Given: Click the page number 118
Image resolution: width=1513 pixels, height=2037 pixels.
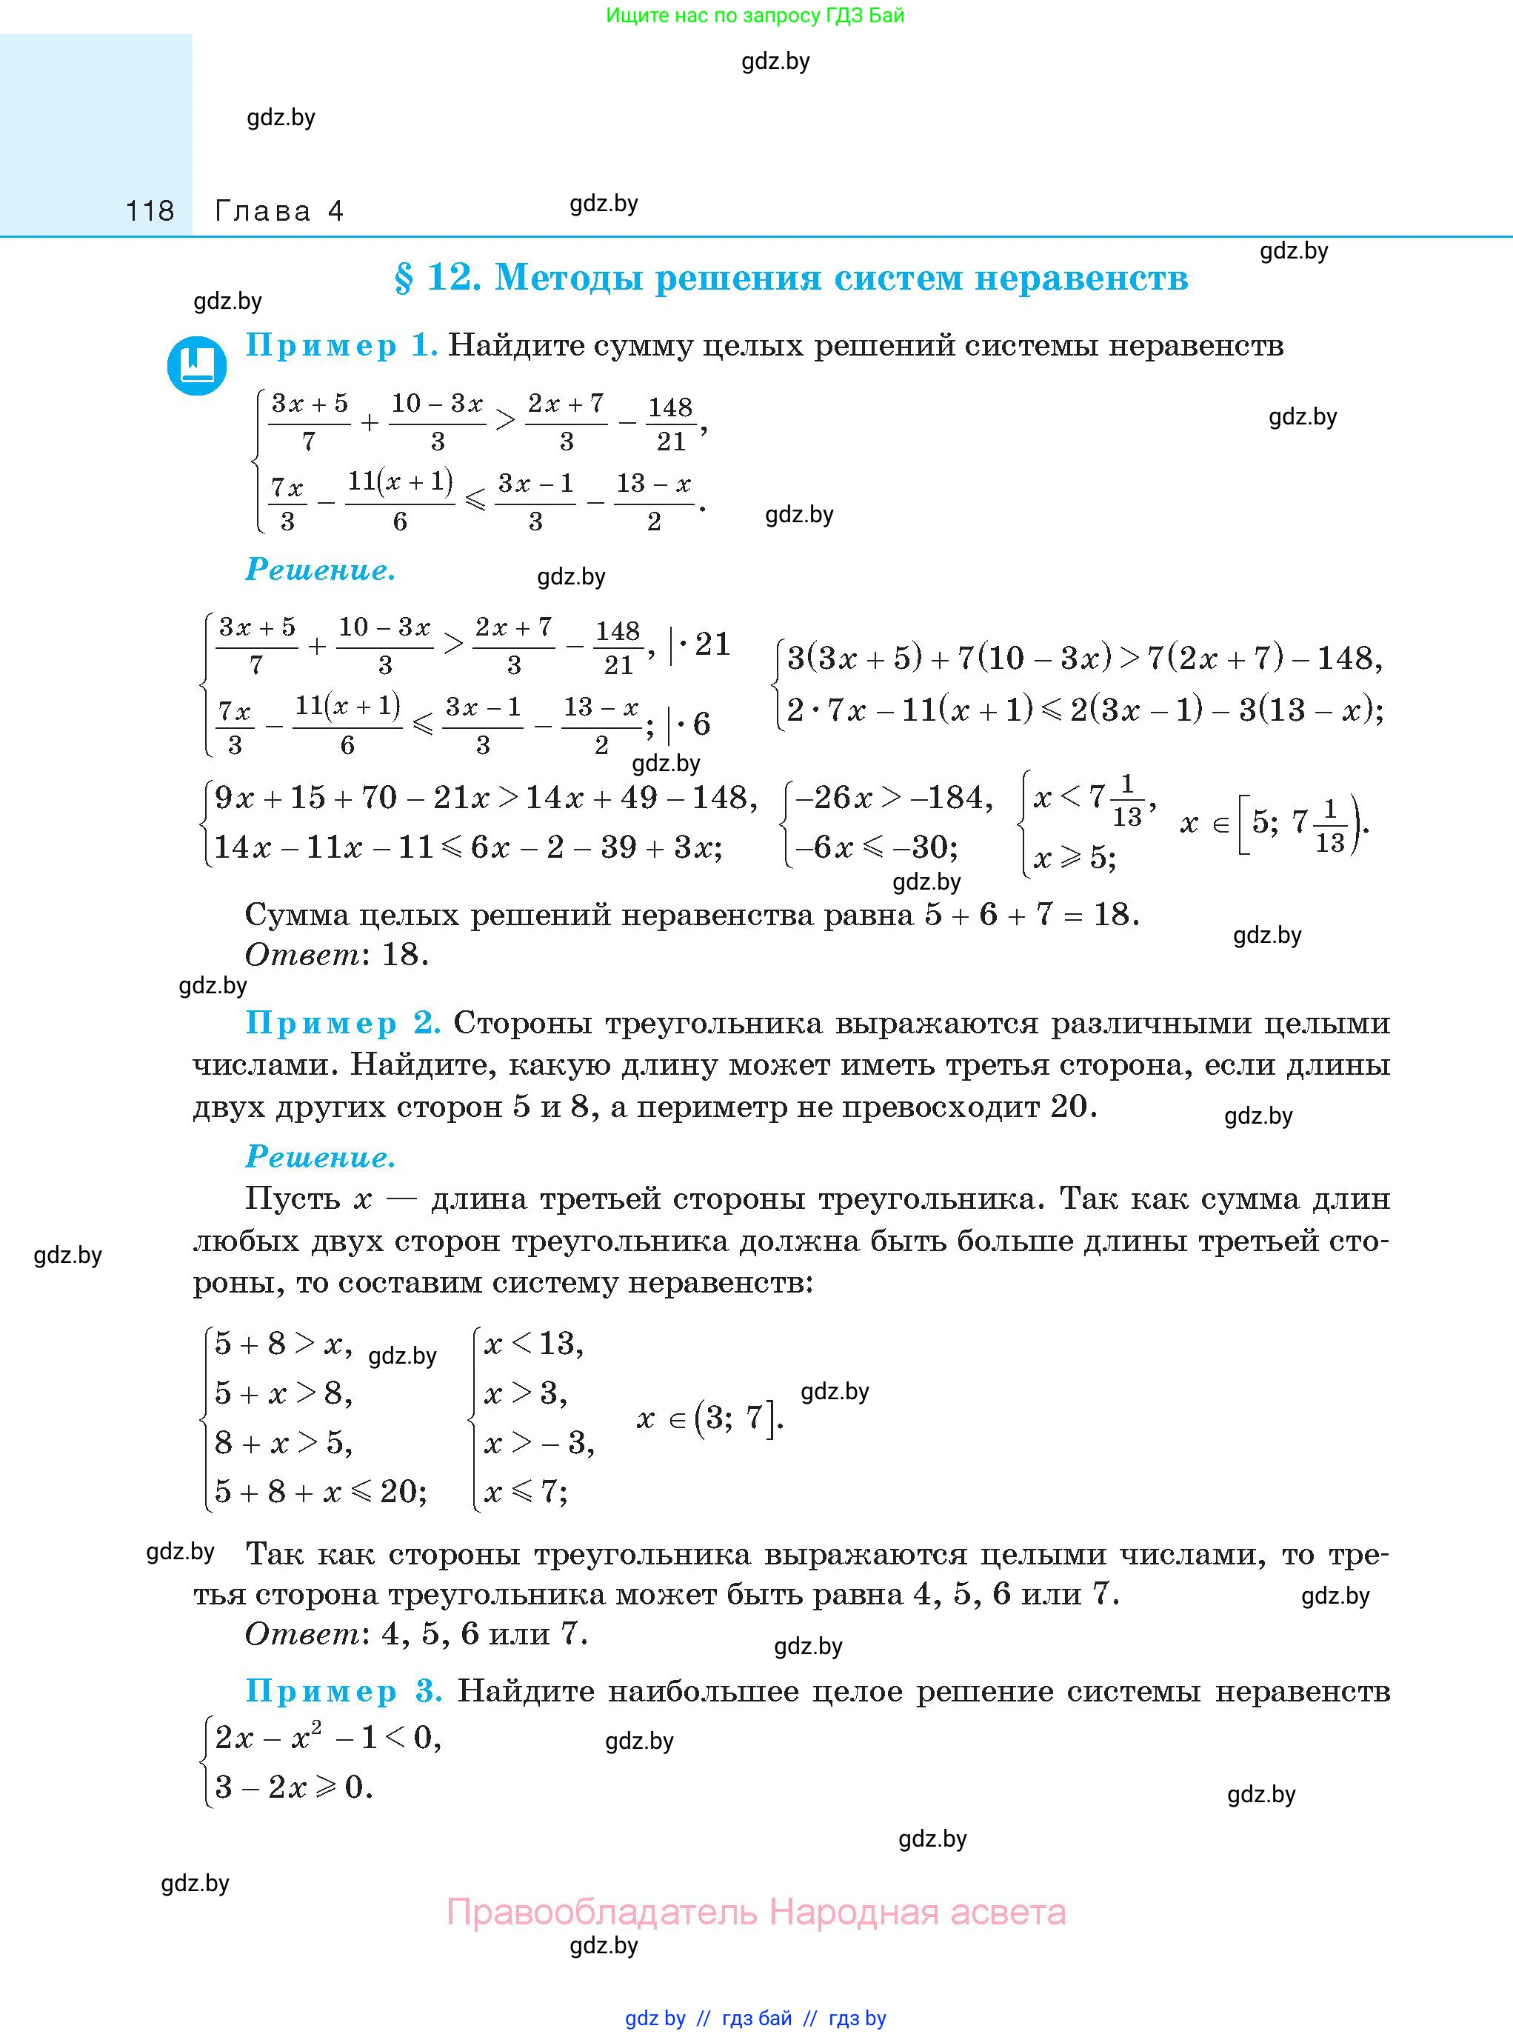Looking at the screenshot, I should pos(150,212).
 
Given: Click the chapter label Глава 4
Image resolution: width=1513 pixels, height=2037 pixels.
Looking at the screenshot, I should pos(279,212).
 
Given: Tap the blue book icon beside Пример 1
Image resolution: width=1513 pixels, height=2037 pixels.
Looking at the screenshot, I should pos(197,365).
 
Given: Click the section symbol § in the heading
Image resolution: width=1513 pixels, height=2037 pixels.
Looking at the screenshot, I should pos(403,278).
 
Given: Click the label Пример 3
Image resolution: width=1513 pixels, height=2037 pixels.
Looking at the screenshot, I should pos(344,1691).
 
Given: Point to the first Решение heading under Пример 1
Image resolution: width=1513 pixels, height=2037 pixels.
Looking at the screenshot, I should pos(321,570).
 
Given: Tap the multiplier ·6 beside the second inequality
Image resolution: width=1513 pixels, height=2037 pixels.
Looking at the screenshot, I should pos(693,724).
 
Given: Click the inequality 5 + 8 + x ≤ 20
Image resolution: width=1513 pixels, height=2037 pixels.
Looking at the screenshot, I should pos(321,1491).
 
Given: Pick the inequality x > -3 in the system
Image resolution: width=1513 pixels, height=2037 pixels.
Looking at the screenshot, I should pos(538,1443).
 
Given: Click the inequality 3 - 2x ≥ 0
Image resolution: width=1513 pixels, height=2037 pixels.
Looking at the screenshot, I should pos(293,1787).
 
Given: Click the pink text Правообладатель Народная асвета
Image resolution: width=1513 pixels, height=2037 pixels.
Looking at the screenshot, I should pos(755,1913).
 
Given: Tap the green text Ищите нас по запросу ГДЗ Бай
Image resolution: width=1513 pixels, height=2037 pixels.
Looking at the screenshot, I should pos(755,16).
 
